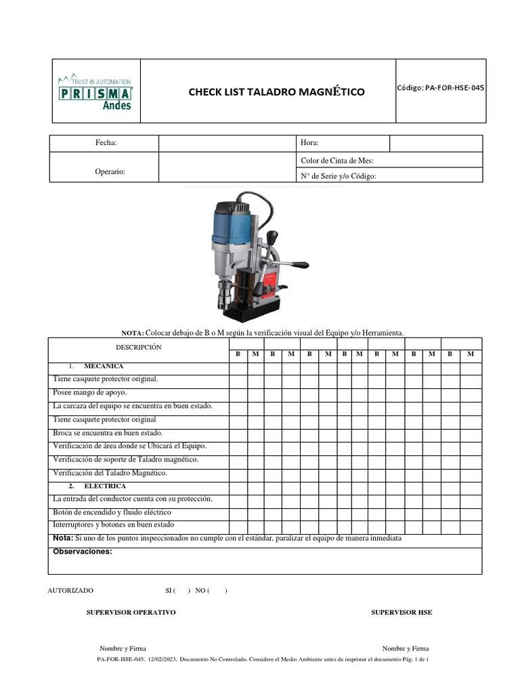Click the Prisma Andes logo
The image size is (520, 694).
point(95,91)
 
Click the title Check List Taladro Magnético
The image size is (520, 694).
point(276,91)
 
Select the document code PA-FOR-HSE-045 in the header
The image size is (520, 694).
point(441,87)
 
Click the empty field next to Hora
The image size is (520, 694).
point(435,143)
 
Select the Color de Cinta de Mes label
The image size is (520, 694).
point(337,161)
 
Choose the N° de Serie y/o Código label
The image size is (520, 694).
point(338,176)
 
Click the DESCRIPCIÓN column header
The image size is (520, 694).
point(138,347)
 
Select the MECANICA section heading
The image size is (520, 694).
point(104,366)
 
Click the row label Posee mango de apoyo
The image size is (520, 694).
point(89,392)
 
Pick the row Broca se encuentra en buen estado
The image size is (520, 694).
point(108,432)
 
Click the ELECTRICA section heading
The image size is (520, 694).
point(105,486)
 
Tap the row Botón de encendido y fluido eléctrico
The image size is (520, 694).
point(112,512)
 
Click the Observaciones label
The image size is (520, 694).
point(82,552)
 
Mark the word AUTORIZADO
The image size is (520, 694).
point(70,591)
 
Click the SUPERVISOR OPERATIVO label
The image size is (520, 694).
point(131,612)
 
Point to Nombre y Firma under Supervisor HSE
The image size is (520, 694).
point(405,649)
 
